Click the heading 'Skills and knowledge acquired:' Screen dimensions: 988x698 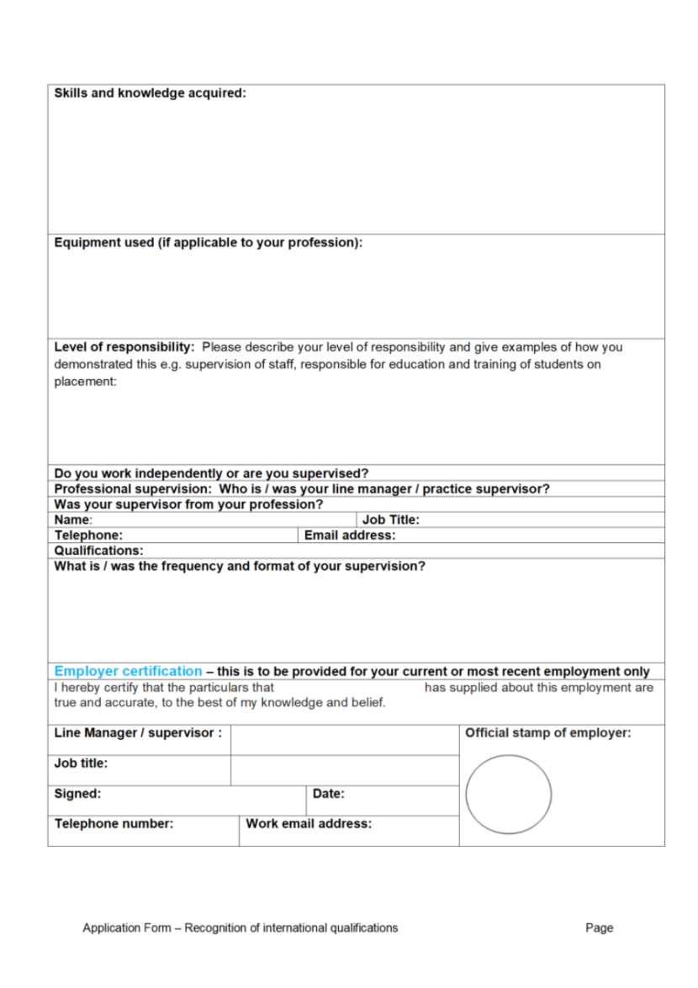[x=150, y=93]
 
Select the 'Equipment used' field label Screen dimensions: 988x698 [x=208, y=243]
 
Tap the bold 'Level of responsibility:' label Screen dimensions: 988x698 [x=124, y=346]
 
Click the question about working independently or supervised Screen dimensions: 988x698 [x=211, y=473]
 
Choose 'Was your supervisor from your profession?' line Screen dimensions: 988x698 [x=188, y=505]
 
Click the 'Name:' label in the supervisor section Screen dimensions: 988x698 [x=73, y=520]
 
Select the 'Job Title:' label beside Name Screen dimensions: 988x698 [x=390, y=520]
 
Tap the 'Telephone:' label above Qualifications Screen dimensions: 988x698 [x=88, y=535]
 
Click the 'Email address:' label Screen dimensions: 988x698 [x=349, y=535]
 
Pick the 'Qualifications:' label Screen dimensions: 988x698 [x=98, y=551]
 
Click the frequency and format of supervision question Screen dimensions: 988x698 [x=240, y=566]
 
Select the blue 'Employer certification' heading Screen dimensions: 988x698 [x=128, y=671]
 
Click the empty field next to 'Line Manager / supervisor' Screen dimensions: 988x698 [x=344, y=740]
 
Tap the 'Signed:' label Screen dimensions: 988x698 [x=77, y=793]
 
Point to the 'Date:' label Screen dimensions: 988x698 [x=328, y=793]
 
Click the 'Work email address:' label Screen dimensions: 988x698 [x=308, y=823]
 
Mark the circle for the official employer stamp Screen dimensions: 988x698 [x=508, y=794]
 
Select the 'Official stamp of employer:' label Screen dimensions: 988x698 [x=547, y=733]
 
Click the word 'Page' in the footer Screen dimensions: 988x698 [x=600, y=928]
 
